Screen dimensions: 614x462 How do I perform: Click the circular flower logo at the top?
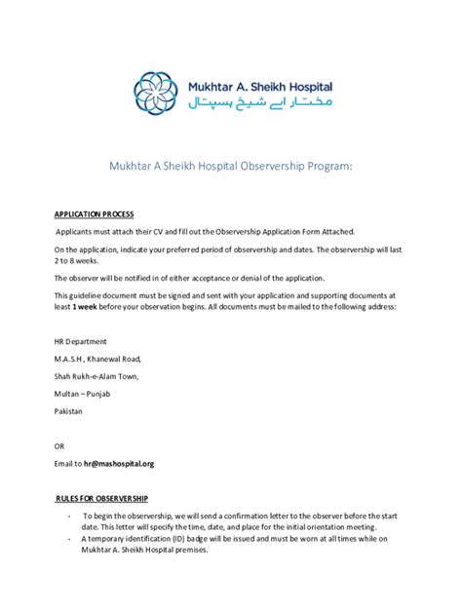click(156, 91)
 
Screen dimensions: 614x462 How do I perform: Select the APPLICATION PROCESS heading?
click(94, 213)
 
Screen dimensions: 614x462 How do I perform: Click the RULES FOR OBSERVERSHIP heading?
click(99, 496)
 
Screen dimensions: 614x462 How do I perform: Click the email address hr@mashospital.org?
click(118, 464)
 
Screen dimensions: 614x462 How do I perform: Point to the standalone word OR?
click(59, 446)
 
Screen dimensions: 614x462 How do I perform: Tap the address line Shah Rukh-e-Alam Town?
click(96, 376)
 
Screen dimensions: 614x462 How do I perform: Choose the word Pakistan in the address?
click(68, 411)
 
